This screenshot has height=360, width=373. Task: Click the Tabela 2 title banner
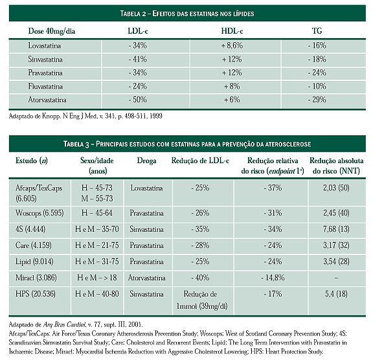[x=187, y=14]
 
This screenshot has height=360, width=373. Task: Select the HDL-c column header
[x=232, y=31]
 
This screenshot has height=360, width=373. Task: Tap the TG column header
[x=317, y=31]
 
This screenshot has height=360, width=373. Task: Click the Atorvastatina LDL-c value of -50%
[x=137, y=100]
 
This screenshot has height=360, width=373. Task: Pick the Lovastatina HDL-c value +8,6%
[x=232, y=45]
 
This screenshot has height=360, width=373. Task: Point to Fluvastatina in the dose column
[x=45, y=86]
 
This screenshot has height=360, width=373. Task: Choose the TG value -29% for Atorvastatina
[x=317, y=100]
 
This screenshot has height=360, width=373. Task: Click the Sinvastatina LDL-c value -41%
[x=137, y=59]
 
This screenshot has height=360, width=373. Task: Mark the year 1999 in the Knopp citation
[x=156, y=116]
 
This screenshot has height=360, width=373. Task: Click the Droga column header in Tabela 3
[x=146, y=161]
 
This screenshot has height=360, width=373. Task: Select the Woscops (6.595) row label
[x=40, y=213]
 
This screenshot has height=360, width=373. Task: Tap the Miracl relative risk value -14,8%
[x=273, y=278]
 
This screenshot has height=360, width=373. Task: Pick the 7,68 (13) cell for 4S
[x=336, y=229]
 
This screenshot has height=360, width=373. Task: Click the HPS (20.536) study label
[x=36, y=294]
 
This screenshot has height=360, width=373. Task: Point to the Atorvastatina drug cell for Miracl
[x=146, y=278]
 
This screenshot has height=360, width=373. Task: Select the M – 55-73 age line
[x=97, y=198]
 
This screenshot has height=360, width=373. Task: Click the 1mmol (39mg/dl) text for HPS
[x=202, y=306]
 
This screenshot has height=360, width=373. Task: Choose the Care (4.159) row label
[x=33, y=245]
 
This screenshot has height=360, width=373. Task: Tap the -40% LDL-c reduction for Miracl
[x=200, y=278]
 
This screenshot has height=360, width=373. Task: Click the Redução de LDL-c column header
[x=200, y=161]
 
